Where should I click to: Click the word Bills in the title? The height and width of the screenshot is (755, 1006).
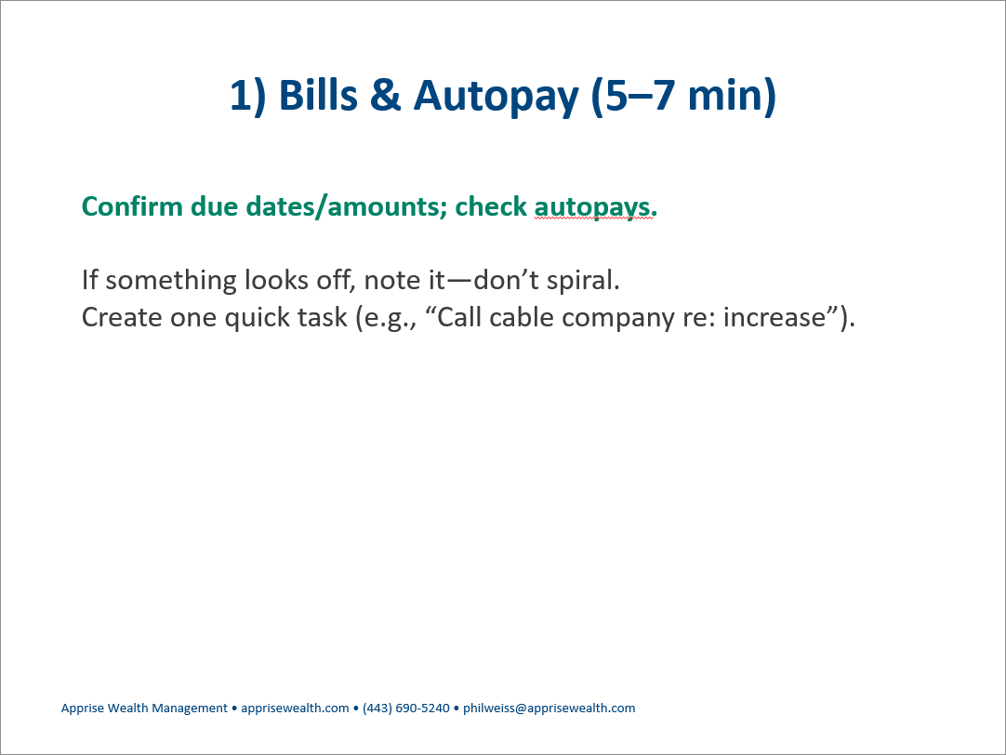tap(318, 95)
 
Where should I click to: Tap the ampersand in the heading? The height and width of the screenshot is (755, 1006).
tap(385, 95)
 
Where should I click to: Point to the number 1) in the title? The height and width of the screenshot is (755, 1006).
tap(247, 96)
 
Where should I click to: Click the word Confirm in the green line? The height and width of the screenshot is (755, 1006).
tap(132, 206)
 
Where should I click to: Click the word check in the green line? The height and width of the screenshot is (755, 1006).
tap(491, 206)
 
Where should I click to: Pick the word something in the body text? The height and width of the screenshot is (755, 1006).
tap(171, 281)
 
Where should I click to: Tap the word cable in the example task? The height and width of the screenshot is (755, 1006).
tap(518, 317)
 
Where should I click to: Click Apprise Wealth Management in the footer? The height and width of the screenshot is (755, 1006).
tap(144, 709)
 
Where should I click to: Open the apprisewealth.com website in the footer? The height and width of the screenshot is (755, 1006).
tap(295, 709)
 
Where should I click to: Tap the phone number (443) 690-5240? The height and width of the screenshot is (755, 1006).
tap(406, 709)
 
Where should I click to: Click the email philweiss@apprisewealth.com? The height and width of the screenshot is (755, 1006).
tap(549, 709)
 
